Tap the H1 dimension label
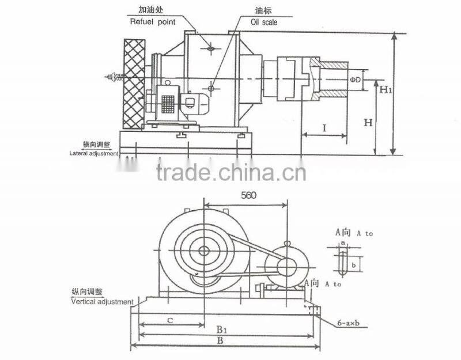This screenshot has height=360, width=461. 386,90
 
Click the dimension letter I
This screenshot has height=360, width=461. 324,128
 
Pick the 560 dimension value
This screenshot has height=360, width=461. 247,195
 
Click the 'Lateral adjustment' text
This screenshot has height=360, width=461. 94,154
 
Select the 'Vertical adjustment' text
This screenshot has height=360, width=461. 101,301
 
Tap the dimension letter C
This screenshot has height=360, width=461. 168,320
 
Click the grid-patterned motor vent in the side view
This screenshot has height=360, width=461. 168,104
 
